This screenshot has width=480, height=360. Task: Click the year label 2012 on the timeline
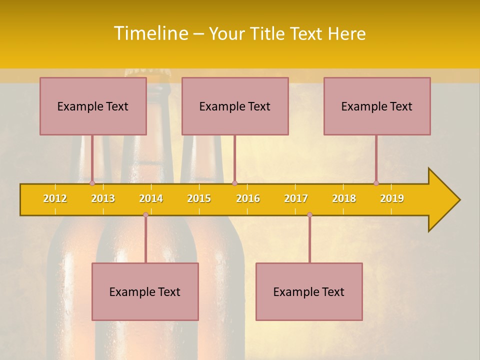[55, 198]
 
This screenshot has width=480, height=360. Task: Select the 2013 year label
[103, 198]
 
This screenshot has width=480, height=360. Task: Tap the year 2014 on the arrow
[151, 198]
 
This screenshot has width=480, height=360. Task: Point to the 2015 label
[199, 198]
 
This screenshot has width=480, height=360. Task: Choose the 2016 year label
[248, 198]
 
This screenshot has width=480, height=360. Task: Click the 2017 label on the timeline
[296, 198]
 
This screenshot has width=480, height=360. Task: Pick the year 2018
[344, 198]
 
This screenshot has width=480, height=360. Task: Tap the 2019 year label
[392, 198]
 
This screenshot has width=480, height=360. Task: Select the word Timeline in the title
[150, 33]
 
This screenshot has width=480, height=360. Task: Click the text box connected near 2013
[93, 106]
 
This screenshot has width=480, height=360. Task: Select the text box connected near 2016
[235, 106]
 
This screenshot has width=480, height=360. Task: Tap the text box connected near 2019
[377, 106]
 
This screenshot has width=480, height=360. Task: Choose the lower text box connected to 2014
[145, 291]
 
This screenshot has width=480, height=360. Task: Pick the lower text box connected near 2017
[309, 291]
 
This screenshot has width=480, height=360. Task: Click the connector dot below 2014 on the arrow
[145, 214]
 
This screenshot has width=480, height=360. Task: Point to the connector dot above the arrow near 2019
[376, 183]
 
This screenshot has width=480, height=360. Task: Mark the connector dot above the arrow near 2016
[234, 183]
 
